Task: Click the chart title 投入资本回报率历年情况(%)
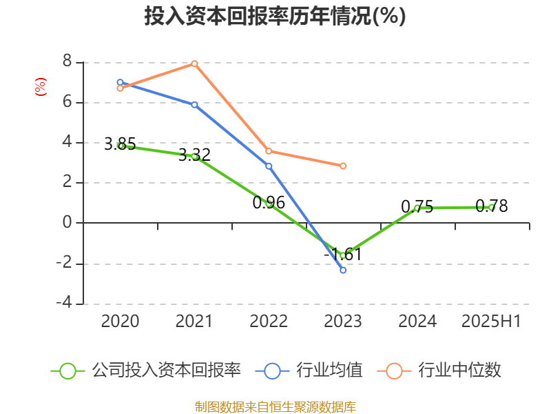click(275, 16)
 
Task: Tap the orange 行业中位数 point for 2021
click(194, 63)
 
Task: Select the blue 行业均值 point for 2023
click(343, 270)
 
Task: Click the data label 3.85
click(120, 144)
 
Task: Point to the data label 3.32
click(194, 155)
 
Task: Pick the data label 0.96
click(269, 203)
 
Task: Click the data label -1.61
click(342, 255)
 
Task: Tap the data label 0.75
click(417, 206)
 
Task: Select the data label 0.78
click(492, 206)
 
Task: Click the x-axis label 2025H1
click(491, 322)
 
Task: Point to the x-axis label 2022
click(269, 322)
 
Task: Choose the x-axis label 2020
click(120, 322)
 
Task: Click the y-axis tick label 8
click(67, 62)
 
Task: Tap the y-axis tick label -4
click(64, 303)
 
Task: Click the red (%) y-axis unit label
click(40, 87)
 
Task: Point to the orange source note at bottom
click(275, 406)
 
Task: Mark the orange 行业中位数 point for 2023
click(343, 166)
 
